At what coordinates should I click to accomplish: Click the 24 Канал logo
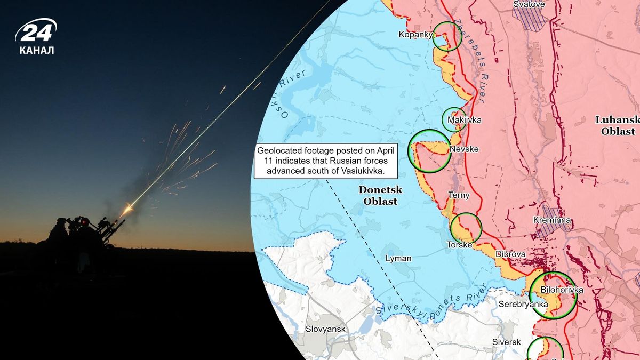(x=36, y=37)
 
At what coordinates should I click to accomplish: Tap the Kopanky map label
(x=414, y=35)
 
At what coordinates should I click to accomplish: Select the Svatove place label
(x=529, y=4)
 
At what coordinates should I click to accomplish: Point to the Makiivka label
(x=464, y=120)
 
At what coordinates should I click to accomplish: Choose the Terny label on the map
(x=459, y=195)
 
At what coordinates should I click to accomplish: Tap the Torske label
(x=459, y=245)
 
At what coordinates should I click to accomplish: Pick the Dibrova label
(x=510, y=254)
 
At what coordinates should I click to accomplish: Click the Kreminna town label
(x=552, y=220)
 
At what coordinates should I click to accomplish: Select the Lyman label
(x=398, y=259)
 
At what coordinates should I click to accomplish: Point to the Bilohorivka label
(x=561, y=290)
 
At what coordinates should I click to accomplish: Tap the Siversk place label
(x=506, y=342)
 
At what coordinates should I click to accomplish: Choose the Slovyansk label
(x=325, y=329)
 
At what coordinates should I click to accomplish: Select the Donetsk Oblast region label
(x=380, y=195)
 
